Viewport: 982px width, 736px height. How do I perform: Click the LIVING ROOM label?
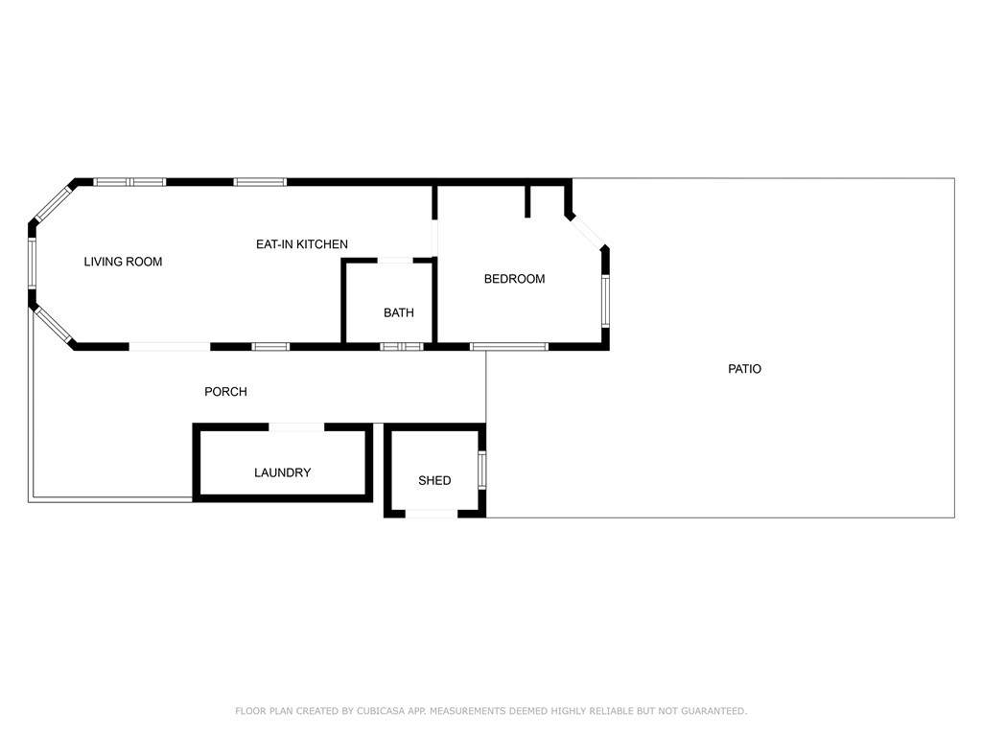tap(123, 262)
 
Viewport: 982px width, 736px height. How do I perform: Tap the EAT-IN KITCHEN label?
tap(302, 244)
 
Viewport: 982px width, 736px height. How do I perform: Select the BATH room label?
tap(399, 312)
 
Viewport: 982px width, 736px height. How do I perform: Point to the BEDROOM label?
tap(514, 279)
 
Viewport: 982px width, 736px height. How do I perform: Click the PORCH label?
tap(225, 392)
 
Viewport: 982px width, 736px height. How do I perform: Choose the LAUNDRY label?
tap(283, 472)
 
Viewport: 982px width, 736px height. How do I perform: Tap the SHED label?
tap(434, 481)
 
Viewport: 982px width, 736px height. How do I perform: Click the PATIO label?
tap(744, 369)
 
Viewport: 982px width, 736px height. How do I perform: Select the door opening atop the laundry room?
tap(297, 426)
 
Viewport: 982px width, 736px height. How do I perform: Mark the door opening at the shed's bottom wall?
tap(432, 514)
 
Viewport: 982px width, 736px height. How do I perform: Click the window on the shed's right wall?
tap(481, 470)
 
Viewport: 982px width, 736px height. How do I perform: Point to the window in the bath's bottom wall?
tap(402, 346)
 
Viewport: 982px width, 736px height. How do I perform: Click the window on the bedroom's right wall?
tap(606, 301)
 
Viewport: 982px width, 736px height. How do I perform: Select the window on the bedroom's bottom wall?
tap(509, 346)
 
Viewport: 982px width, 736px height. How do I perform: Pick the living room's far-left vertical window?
tap(32, 264)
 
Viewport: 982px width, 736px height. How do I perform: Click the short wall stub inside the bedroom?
tap(527, 201)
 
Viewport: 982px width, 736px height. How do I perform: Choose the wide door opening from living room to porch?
tap(169, 346)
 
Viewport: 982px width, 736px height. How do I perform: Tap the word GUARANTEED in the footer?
tap(713, 711)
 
